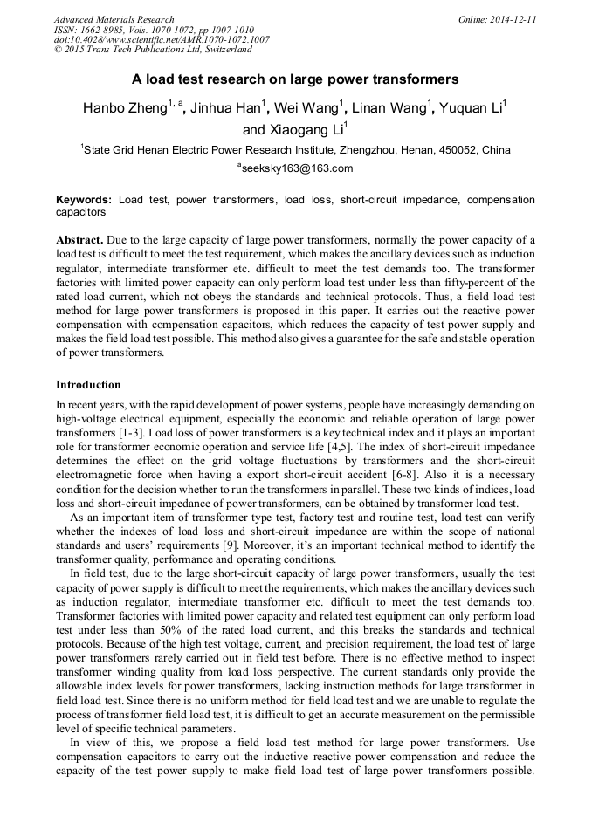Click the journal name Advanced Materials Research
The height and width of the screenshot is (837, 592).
point(114,19)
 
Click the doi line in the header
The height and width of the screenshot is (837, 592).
point(162,39)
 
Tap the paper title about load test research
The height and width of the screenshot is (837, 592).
point(295,79)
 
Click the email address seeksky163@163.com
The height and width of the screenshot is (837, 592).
point(296,168)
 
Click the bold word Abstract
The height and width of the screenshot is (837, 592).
point(79,239)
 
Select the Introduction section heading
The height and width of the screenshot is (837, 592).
point(88,385)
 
